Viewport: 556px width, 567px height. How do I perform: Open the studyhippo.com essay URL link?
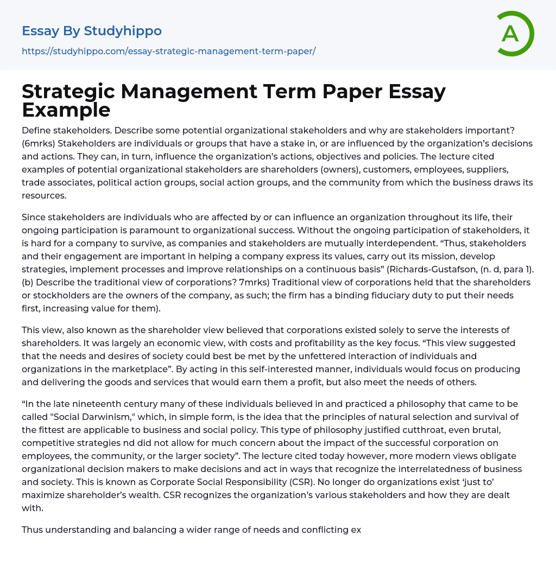(x=168, y=51)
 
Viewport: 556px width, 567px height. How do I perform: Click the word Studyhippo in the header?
(x=123, y=31)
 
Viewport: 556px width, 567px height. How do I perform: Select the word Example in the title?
(x=66, y=110)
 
